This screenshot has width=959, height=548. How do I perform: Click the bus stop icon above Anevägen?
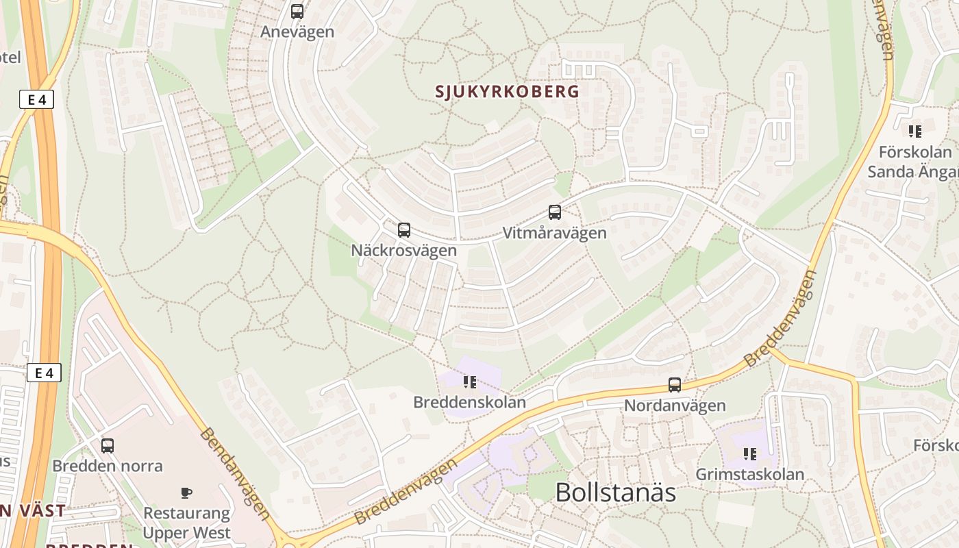[x=297, y=12]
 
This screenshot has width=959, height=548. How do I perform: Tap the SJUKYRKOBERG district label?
[x=508, y=91]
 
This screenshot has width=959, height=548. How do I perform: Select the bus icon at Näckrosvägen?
[x=404, y=230]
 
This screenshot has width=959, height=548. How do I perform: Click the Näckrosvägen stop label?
[x=403, y=250]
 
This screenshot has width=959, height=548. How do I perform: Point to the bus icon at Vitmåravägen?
[x=555, y=212]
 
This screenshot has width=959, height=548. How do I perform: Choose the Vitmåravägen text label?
[x=555, y=233]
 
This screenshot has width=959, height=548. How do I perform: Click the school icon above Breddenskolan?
[x=469, y=382]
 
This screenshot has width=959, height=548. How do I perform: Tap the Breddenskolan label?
[x=469, y=402]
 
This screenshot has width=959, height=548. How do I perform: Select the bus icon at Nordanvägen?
[x=675, y=385]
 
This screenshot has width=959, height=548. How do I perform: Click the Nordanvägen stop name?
[x=675, y=406]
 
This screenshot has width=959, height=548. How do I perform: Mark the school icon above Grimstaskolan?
[x=750, y=454]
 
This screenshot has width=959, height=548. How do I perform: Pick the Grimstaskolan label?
[x=750, y=474]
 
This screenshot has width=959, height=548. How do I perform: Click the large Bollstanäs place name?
[x=615, y=493]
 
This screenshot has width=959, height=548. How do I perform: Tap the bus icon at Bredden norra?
[x=108, y=446]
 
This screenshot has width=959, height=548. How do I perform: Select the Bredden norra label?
[x=108, y=466]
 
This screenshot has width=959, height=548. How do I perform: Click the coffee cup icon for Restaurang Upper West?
[x=186, y=493]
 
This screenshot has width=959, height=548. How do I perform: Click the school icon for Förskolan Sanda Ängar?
[x=914, y=131]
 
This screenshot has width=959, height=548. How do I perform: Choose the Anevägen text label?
[x=297, y=32]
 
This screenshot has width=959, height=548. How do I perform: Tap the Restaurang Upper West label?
[x=187, y=523]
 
